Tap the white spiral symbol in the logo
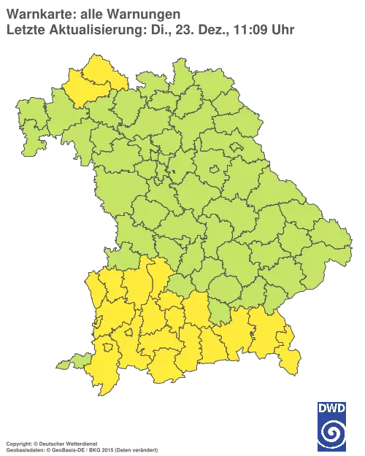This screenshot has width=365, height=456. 332,435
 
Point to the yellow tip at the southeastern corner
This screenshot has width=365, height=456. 292,360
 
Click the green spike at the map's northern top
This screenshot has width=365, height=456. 177,69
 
